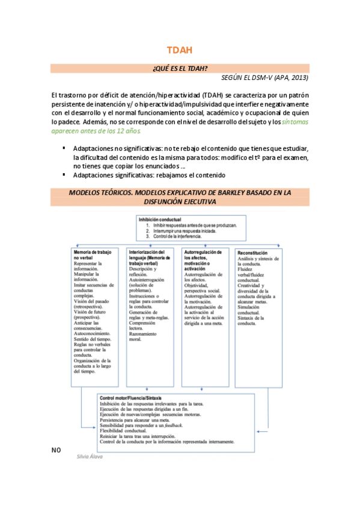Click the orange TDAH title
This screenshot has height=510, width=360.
(x=180, y=51)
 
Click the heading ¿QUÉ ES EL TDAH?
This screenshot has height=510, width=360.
(x=180, y=69)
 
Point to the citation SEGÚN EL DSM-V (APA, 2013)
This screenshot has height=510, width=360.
(x=265, y=78)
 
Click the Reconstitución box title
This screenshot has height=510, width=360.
(x=253, y=253)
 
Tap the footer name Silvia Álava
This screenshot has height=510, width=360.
(x=90, y=456)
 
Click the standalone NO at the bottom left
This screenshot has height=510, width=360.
(x=56, y=449)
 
